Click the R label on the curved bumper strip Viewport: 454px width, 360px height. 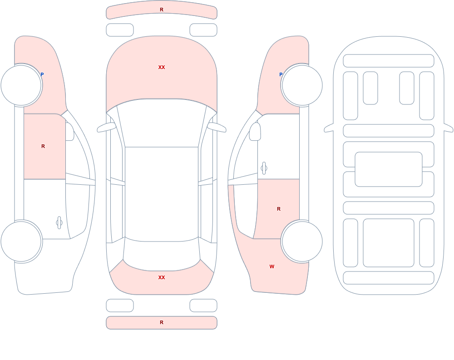pos(162,10)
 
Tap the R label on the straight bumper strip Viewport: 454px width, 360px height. pos(162,322)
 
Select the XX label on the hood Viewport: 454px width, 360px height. pos(162,67)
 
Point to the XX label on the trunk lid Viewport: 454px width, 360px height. pos(162,277)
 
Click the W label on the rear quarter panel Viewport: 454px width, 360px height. pos(271,266)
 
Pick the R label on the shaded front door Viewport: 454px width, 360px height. pos(43,146)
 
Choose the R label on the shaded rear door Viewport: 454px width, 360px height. pos(279,209)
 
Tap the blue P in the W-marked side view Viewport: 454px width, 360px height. pos(281,74)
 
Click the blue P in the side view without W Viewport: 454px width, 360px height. pos(42,74)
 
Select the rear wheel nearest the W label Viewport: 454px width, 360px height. pos(302,241)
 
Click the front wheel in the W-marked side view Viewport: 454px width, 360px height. pos(302,85)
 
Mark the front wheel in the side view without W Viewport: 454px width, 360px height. pos(21,85)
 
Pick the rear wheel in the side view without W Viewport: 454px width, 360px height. pos(21,241)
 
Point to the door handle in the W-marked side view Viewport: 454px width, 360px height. pos(264,168)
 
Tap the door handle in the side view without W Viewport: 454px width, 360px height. pos(59,223)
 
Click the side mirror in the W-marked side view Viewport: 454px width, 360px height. pos(255,132)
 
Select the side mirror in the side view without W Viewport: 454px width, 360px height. pos(69,132)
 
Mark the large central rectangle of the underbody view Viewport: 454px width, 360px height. pos(389,169)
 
